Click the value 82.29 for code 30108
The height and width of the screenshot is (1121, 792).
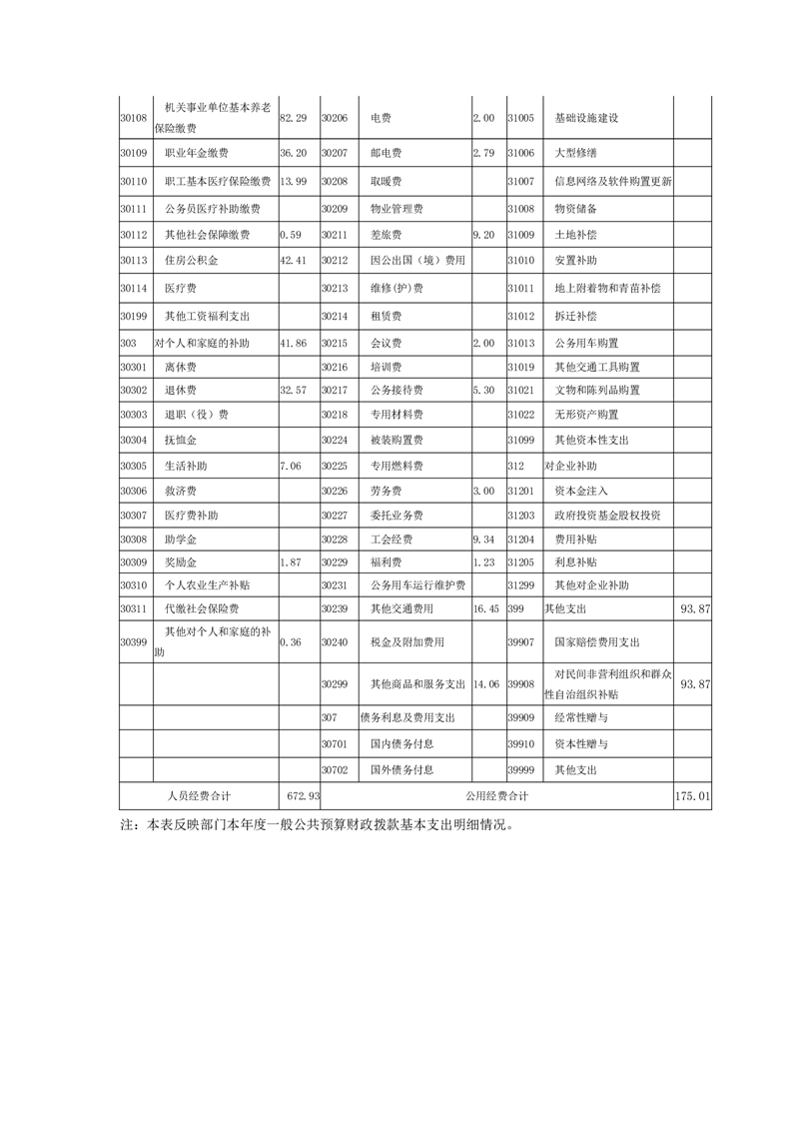pos(292,118)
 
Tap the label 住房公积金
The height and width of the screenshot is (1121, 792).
pos(191,261)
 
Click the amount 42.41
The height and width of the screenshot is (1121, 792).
pos(293,261)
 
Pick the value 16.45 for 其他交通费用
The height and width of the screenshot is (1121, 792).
pos(485,607)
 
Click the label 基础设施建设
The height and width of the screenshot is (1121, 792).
pos(587,118)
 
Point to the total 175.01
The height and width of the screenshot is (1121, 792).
pos(692,796)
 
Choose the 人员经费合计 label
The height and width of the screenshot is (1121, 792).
pos(199,796)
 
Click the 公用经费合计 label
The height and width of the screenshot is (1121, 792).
pos(496,796)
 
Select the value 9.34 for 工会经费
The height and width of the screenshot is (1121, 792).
pos(483,539)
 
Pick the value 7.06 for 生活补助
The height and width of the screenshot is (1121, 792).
pos(290,466)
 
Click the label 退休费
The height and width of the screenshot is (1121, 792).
pos(181,389)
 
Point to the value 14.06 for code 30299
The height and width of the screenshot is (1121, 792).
pos(485,684)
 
